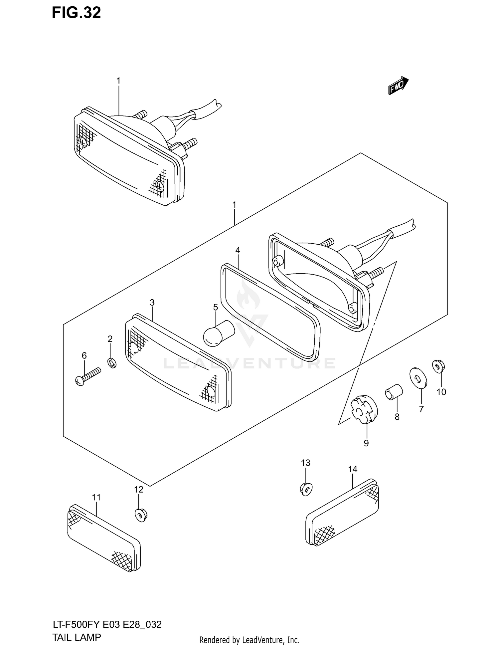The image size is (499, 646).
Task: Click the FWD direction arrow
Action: click(398, 86)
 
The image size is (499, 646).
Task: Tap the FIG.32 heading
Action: click(76, 13)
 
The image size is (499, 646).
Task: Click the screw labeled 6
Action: click(88, 376)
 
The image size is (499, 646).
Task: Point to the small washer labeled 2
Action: click(112, 362)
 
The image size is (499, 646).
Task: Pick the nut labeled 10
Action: click(438, 366)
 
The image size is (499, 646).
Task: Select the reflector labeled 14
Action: click(342, 512)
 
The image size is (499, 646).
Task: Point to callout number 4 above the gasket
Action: click(238, 250)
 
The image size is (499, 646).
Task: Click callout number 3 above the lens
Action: click(152, 303)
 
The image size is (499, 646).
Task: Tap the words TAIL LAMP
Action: click(77, 637)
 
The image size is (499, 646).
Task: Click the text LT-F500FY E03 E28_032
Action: click(107, 624)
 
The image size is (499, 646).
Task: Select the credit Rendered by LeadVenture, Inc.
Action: click(249, 640)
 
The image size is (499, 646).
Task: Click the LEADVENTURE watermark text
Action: click(249, 363)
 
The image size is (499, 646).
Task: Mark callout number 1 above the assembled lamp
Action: click(118, 81)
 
